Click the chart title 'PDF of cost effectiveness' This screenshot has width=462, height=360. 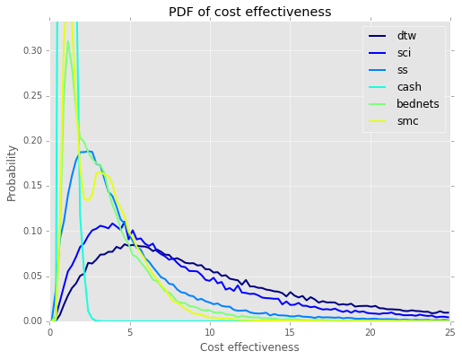[249, 12]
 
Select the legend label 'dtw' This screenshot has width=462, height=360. [406, 36]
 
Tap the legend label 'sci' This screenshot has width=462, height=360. [404, 53]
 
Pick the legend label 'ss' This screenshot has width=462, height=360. [402, 70]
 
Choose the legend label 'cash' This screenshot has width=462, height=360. [409, 87]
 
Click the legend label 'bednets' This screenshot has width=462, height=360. [418, 104]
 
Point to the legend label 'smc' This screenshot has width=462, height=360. [407, 121]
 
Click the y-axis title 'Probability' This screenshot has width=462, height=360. [12, 173]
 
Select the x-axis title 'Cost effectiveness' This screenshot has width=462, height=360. [249, 347]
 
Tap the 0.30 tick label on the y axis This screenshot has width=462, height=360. [32, 50]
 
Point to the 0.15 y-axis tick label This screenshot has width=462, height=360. [32, 186]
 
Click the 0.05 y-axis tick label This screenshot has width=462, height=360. [32, 277]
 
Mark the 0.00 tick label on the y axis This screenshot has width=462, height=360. [32, 321]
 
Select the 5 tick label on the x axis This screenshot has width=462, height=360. [130, 333]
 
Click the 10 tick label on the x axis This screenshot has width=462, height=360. [210, 333]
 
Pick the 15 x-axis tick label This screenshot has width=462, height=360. [290, 333]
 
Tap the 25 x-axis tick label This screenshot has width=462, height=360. [450, 333]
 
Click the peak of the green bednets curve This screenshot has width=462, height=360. [68, 41]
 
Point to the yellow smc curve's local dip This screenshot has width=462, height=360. [88, 200]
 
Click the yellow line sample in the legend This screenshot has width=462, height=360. [377, 121]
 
